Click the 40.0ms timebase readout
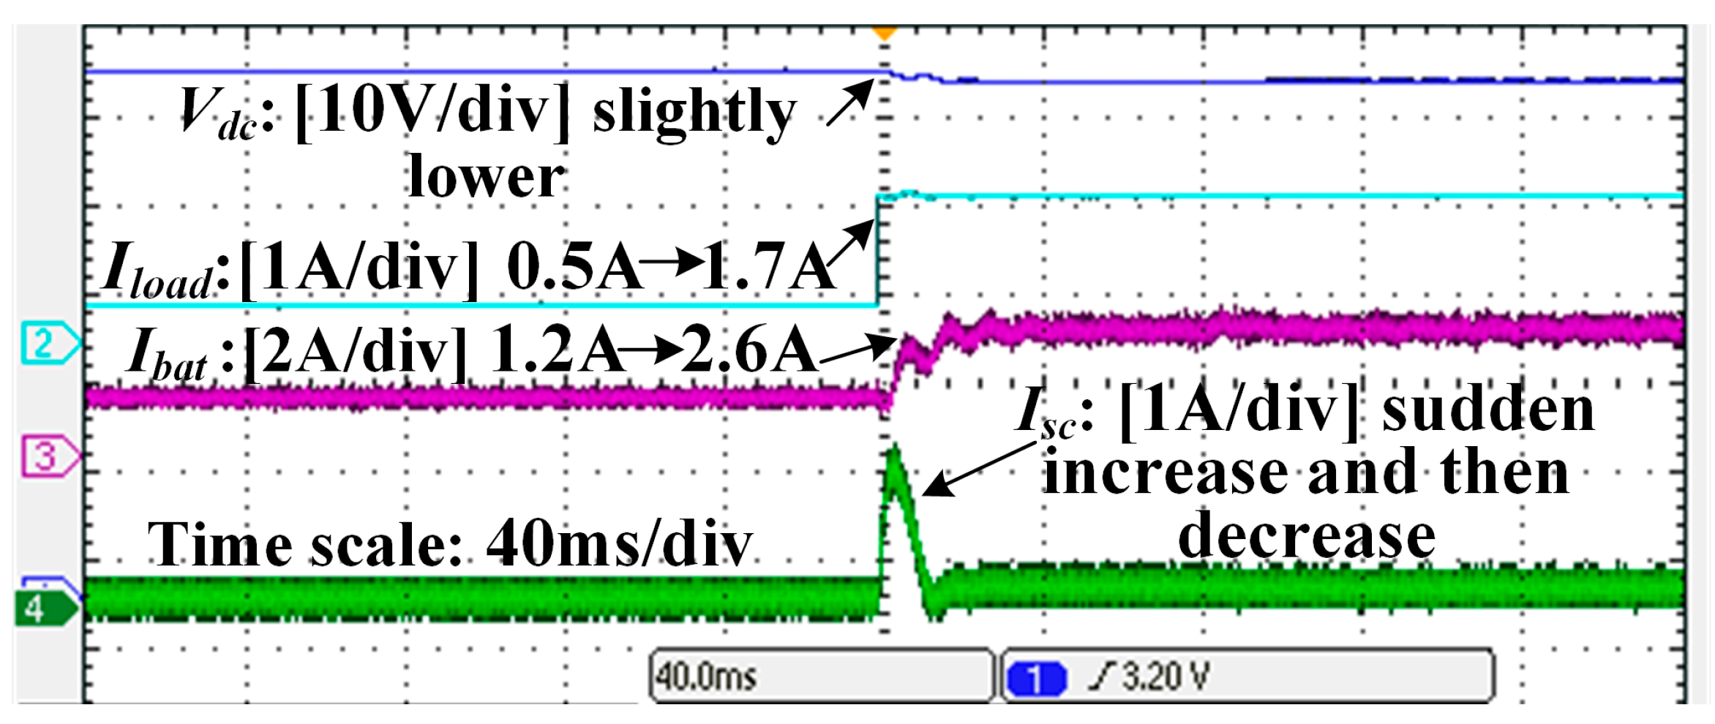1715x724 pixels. coord(707,676)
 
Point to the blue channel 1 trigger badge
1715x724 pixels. coord(1036,678)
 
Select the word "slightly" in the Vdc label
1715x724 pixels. coord(694,113)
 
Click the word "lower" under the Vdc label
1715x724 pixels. coord(487,177)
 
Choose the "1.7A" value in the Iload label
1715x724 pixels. coord(768,267)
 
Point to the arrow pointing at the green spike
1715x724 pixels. coord(977,470)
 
